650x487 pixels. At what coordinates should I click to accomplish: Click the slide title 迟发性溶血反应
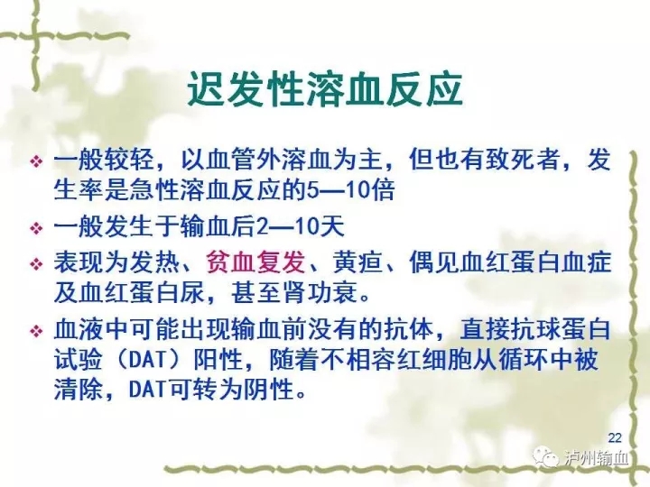[x=325, y=89]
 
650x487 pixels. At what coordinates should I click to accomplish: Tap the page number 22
[x=615, y=437]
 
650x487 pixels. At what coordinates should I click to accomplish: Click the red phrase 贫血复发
[x=255, y=262]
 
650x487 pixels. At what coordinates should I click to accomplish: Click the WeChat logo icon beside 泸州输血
[x=547, y=456]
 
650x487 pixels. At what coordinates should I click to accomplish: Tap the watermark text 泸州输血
[x=596, y=458]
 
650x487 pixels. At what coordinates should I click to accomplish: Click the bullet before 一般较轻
[x=36, y=161]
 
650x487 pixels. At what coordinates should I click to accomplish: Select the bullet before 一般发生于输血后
[x=36, y=228]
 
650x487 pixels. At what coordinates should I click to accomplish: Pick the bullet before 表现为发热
[x=36, y=264]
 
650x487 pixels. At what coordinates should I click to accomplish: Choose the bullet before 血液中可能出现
[x=36, y=331]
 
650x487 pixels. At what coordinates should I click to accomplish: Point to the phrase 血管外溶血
[x=255, y=160]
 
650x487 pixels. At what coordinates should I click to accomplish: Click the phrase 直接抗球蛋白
[x=535, y=329]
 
